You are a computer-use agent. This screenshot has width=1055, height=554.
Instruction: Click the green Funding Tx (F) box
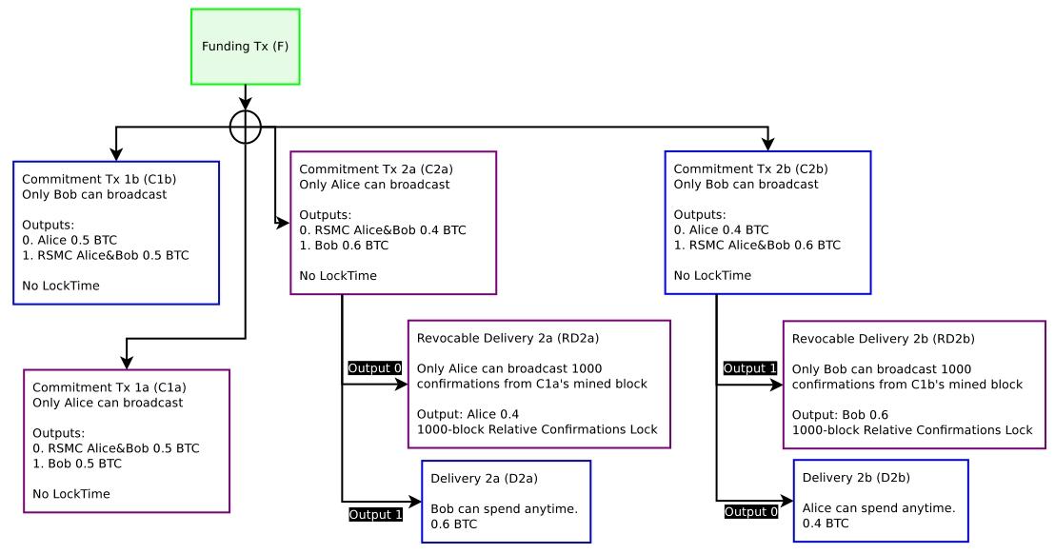[245, 46]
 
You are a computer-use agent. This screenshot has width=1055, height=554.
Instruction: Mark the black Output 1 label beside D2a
[375, 515]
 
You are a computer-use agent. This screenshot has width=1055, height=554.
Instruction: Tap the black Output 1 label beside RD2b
[750, 367]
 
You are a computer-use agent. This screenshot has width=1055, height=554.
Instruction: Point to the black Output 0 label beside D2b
[750, 512]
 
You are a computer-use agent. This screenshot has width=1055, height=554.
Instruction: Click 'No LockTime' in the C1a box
[71, 494]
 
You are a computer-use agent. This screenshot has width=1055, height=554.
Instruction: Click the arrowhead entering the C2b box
[768, 145]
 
